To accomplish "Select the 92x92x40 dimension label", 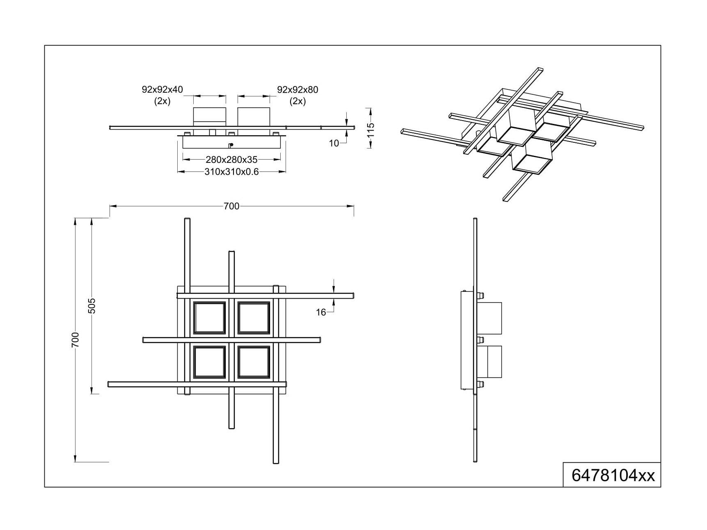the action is (162, 89).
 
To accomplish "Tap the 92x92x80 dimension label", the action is (297, 89).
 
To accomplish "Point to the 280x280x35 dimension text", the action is (231, 160).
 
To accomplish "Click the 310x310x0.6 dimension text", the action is (231, 172).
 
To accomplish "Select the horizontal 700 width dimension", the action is (231, 206).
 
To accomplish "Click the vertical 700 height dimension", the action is (75, 340).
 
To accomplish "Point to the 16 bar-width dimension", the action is (321, 313).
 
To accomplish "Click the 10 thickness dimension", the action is (334, 143).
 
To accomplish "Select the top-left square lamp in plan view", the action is (210, 318).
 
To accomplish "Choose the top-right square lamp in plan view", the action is (254, 318).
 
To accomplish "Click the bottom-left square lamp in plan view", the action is (210, 362).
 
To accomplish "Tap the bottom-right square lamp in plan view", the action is (254, 362).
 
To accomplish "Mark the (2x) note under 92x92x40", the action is (162, 101).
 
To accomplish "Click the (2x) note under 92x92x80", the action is (297, 101).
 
